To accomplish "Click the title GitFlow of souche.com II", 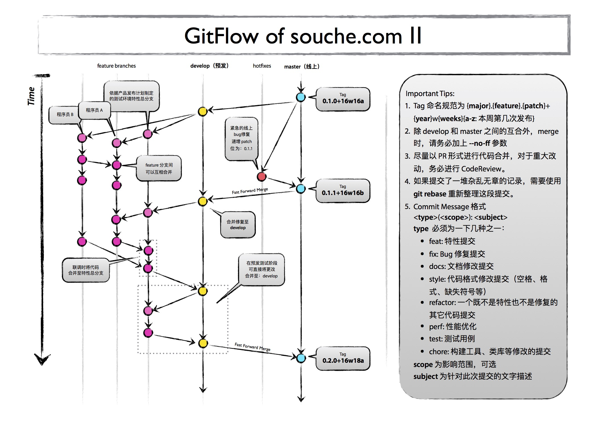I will click(303, 36).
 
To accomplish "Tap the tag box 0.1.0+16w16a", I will click(343, 99).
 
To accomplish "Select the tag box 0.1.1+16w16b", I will click(343, 191).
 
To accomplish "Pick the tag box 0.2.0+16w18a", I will click(343, 358).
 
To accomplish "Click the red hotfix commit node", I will click(261, 177).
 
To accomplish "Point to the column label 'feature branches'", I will click(116, 66).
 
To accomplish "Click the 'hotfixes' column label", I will click(262, 66).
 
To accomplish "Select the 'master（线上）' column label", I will click(302, 67).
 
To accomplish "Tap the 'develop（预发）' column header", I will click(209, 66).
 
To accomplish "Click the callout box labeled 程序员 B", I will click(65, 115).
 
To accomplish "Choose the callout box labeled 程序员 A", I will click(94, 110).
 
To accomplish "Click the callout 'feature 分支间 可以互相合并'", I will click(159, 168).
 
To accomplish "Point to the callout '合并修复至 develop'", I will click(238, 225).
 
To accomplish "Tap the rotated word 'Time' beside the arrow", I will click(31, 96).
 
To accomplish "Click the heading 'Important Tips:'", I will click(430, 94).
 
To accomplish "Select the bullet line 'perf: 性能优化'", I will click(452, 326).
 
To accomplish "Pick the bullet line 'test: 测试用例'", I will click(452, 339).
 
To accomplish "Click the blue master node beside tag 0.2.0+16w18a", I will click(301, 358).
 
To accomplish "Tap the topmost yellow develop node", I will click(202, 111).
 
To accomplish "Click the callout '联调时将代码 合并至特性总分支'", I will click(86, 270).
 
